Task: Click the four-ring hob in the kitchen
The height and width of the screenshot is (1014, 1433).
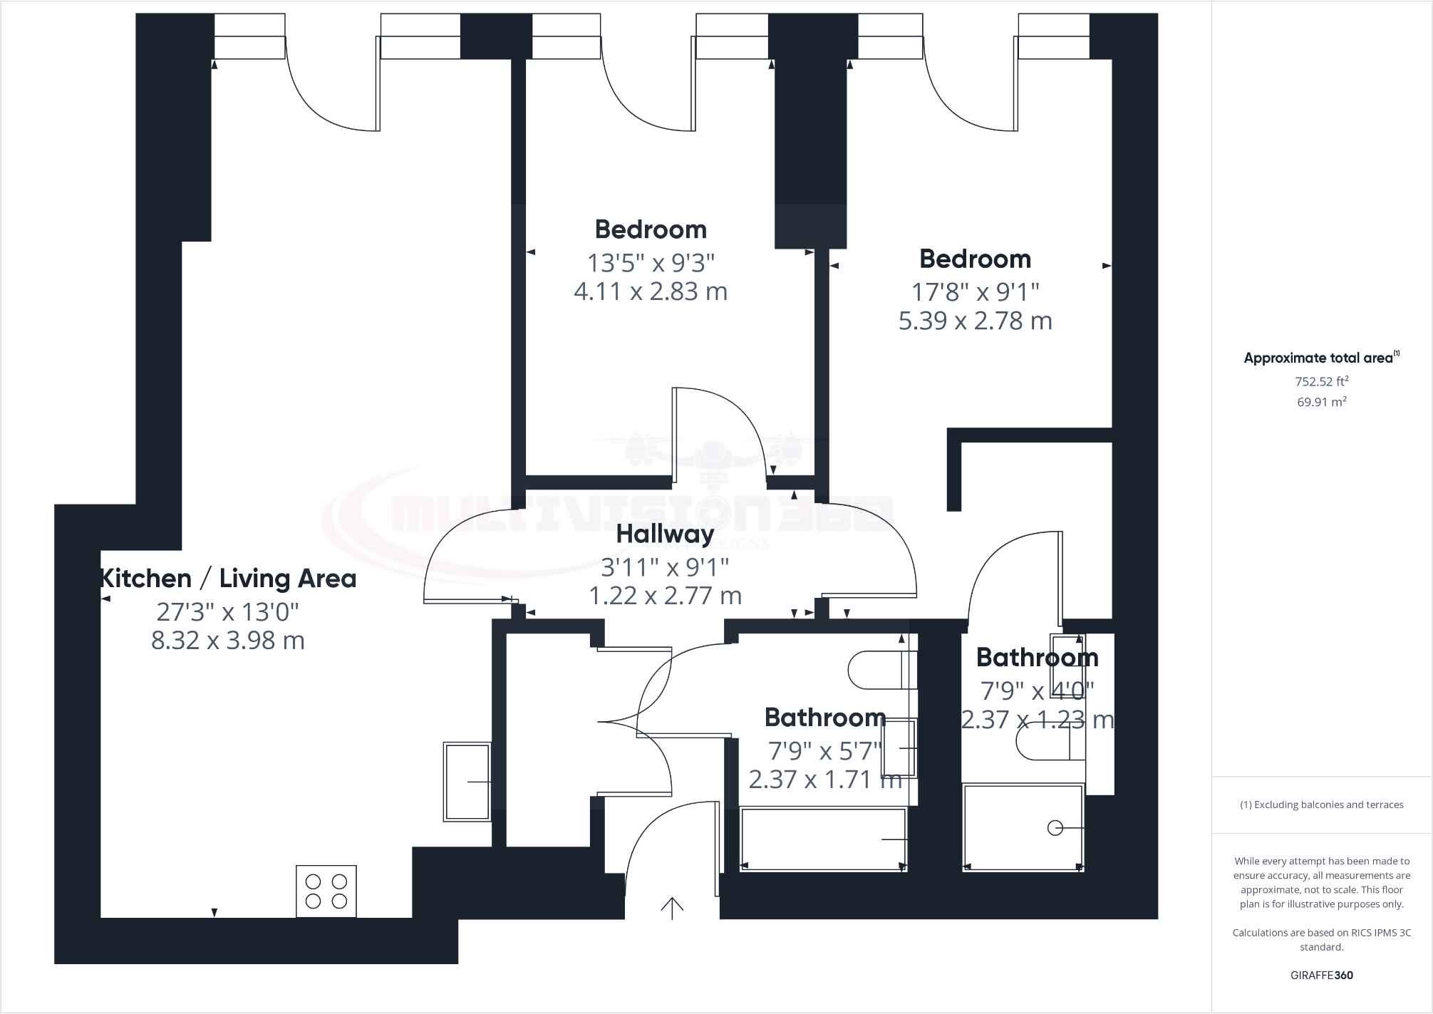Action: (x=326, y=891)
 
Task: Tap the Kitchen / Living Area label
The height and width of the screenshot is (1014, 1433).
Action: (x=228, y=579)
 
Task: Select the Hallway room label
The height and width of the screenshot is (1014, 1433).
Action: (x=665, y=534)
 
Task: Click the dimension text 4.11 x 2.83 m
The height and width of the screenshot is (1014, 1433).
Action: (x=651, y=291)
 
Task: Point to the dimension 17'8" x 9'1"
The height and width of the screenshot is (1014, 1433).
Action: (x=976, y=292)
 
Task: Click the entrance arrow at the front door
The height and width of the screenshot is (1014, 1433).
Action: (x=672, y=908)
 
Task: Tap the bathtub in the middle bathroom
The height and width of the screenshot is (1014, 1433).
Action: (x=823, y=839)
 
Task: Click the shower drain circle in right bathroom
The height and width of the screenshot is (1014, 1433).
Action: (x=1055, y=828)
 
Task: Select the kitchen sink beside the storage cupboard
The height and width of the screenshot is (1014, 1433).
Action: (x=467, y=782)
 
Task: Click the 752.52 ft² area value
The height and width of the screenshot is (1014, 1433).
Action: (x=1321, y=381)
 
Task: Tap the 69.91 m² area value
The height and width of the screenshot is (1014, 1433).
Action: (x=1321, y=402)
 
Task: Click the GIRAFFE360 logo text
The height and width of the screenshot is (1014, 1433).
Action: (x=1321, y=976)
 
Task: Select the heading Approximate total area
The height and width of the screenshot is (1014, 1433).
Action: (x=1318, y=358)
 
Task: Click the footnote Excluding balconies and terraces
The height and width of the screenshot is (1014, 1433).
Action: (x=1322, y=805)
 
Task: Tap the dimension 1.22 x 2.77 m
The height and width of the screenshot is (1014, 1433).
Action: (x=665, y=596)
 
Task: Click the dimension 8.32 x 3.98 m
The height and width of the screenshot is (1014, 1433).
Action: (x=228, y=641)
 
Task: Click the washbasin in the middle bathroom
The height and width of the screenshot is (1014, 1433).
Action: (x=899, y=748)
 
